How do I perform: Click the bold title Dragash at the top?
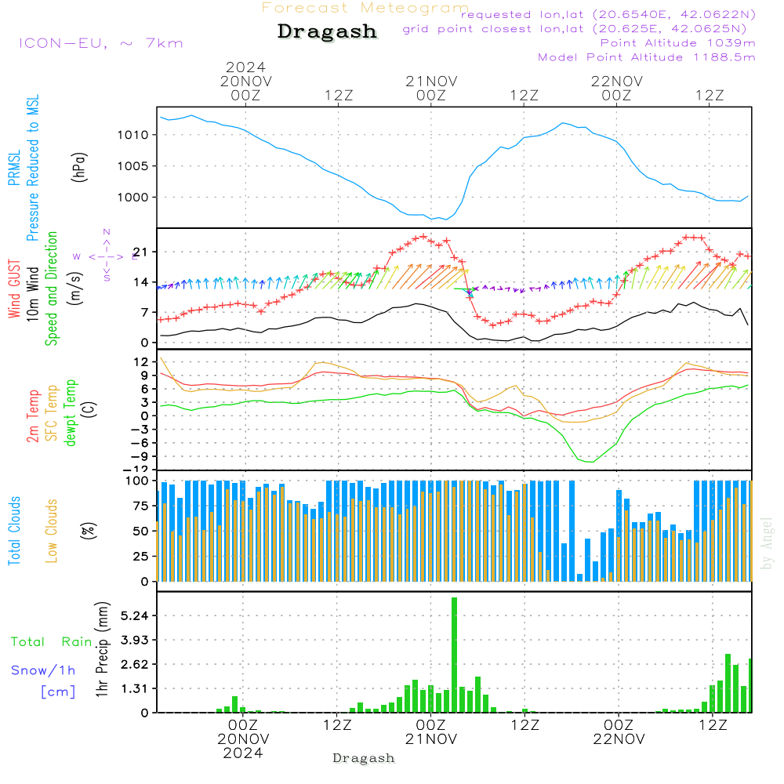click(327, 32)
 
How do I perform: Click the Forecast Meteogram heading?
click(365, 8)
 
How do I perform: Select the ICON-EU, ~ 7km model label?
click(100, 43)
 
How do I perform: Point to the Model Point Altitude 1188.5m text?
click(647, 57)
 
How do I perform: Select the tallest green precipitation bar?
click(454, 655)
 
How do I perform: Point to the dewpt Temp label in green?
click(71, 413)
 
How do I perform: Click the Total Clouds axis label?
click(15, 529)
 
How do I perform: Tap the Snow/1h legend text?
click(44, 670)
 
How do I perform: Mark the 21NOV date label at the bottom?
click(431, 739)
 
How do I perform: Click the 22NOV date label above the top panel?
click(617, 81)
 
